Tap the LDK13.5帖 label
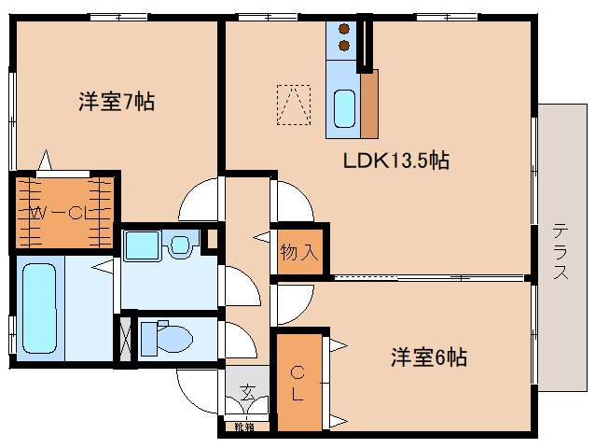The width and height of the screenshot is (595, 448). tap(396, 161)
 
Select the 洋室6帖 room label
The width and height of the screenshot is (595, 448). tap(428, 357)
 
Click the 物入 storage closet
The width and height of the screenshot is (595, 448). tap(299, 251)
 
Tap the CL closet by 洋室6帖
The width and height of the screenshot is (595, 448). tap(297, 383)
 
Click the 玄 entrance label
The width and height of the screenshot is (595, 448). tap(248, 392)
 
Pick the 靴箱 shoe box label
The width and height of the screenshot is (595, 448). tap(244, 428)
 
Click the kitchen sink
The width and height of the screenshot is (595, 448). tap(344, 109)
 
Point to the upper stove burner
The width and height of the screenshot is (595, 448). tap(344, 28)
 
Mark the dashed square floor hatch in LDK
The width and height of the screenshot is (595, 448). tap(293, 105)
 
